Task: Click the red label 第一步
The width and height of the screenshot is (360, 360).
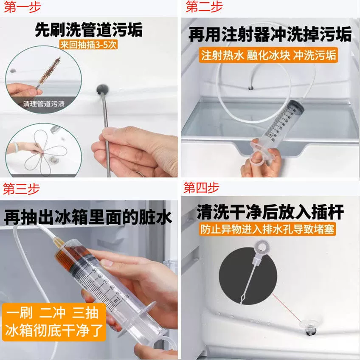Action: [22, 7]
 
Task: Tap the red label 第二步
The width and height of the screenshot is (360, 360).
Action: [204, 6]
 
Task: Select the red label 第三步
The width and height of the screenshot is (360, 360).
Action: [21, 189]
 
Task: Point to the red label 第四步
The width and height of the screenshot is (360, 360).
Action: [201, 188]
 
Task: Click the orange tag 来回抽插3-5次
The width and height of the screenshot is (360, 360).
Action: [89, 45]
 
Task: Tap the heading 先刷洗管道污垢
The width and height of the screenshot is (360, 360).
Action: [89, 30]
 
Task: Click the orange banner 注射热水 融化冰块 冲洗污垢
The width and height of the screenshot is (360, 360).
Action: [268, 55]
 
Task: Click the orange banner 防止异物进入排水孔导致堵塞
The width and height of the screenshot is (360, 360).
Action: [267, 229]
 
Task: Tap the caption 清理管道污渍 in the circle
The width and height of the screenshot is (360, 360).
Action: [44, 104]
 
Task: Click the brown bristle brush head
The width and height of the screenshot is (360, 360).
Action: [50, 70]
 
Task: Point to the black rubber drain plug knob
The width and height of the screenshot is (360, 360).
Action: [102, 89]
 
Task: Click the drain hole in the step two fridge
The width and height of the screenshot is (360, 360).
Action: [250, 88]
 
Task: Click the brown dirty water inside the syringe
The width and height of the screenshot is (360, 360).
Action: [69, 256]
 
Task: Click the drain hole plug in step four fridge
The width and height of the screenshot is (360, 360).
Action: [310, 327]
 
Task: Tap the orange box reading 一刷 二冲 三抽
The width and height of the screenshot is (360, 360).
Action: [52, 313]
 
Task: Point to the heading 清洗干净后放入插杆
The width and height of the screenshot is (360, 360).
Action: [270, 212]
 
